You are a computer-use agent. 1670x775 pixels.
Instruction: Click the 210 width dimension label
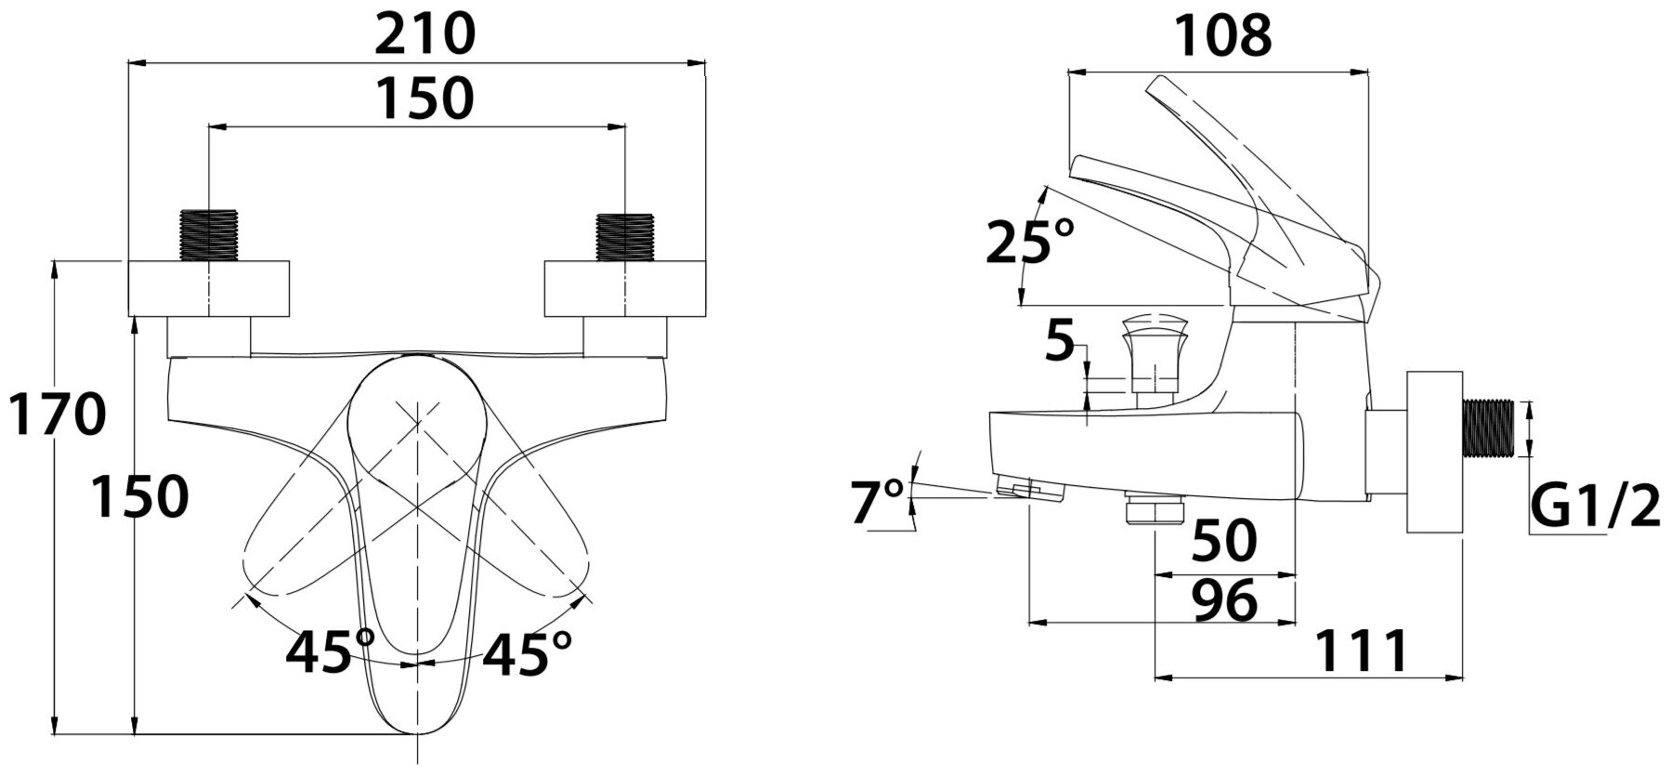click(424, 35)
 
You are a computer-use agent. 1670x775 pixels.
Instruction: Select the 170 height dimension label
click(58, 414)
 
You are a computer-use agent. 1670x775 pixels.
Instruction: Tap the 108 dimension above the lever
click(1221, 36)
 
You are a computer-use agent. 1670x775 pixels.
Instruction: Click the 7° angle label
click(878, 501)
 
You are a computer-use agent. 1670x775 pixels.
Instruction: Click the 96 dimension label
click(1225, 600)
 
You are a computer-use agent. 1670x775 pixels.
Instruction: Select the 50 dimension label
click(1224, 540)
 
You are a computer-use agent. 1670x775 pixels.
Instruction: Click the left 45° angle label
click(330, 652)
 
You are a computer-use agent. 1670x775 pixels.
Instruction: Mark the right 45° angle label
click(527, 652)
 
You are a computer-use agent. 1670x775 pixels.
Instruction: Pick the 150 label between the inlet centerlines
click(424, 98)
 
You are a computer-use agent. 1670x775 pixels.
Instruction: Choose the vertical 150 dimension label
click(141, 497)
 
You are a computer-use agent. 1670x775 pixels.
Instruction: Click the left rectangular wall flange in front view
click(208, 289)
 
